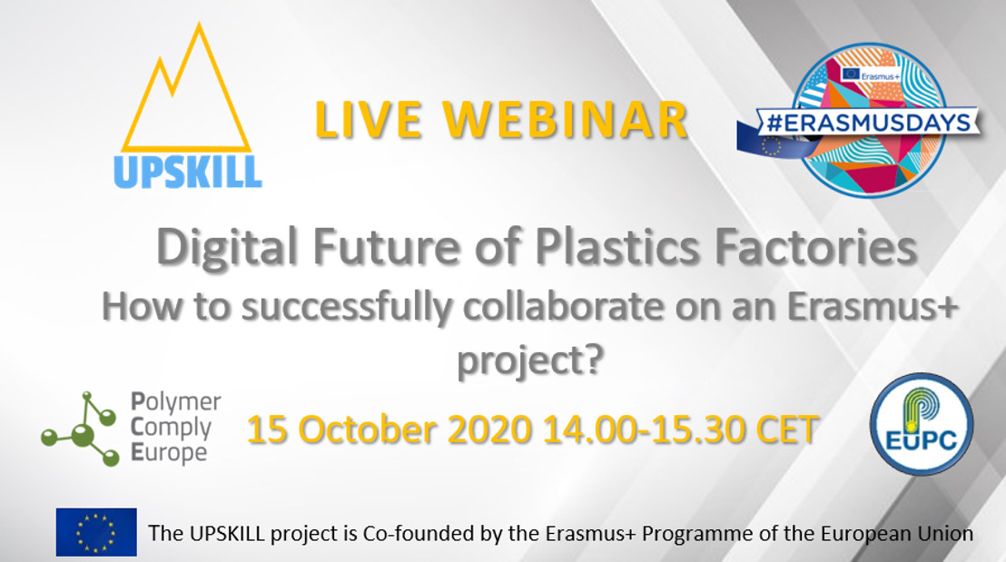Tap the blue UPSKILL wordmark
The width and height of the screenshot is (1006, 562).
[188, 172]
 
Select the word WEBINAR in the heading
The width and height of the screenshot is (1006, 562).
[566, 120]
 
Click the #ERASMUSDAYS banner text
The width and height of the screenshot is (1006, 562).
[869, 123]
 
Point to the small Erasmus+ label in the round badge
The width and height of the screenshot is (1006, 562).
[880, 76]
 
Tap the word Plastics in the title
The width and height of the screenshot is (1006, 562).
[616, 247]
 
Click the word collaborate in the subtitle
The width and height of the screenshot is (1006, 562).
[563, 307]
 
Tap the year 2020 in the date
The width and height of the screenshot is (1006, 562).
[489, 429]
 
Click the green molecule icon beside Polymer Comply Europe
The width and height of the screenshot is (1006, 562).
[81, 429]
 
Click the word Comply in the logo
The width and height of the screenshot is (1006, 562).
[171, 428]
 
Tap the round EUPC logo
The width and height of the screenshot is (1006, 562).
[922, 424]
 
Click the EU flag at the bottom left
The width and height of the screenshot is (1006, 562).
[96, 532]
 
